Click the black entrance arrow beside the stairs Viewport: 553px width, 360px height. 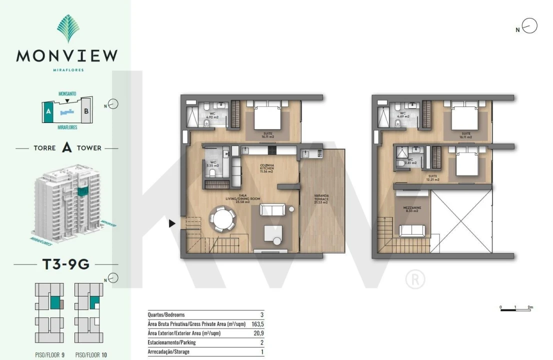172,223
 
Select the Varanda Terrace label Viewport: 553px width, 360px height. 320,198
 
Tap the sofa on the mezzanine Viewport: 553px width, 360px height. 412,230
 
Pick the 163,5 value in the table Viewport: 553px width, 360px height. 258,324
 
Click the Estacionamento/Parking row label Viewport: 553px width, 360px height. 171,342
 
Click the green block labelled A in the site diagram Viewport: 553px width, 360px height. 48,112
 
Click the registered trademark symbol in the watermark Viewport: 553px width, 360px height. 415,279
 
